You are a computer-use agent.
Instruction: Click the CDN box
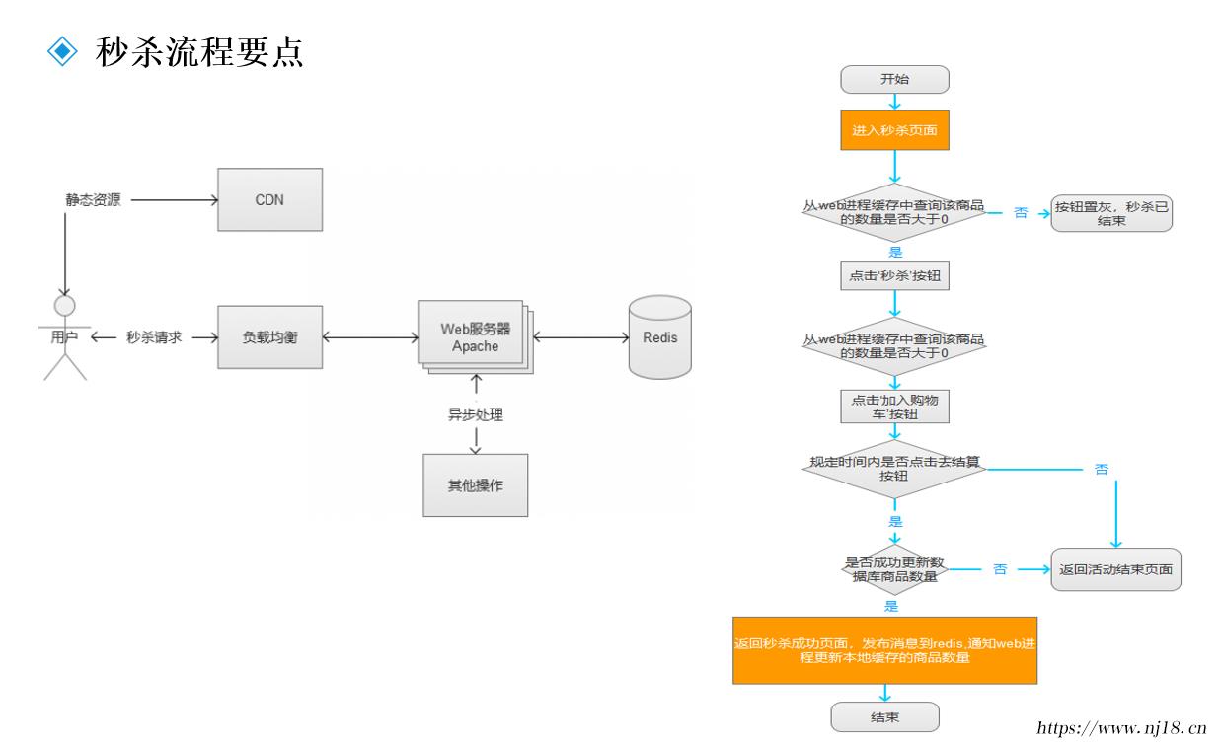[269, 199]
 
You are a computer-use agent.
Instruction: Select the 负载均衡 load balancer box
[269, 337]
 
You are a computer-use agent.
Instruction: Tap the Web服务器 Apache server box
[475, 337]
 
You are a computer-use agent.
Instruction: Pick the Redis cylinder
[660, 337]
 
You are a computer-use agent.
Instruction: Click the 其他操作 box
[476, 485]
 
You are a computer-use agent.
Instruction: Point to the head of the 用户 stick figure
[65, 306]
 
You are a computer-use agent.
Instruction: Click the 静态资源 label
[93, 200]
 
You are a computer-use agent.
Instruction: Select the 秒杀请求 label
[154, 337]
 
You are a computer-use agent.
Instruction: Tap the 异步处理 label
[476, 414]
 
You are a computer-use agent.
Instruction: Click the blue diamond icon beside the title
[62, 51]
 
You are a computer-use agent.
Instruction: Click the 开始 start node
[894, 80]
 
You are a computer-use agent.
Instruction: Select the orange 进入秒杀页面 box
[894, 129]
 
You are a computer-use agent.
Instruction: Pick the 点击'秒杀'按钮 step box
[894, 276]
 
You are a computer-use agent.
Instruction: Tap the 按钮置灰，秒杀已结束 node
[1111, 213]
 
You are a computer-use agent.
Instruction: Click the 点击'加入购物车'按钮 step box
[894, 407]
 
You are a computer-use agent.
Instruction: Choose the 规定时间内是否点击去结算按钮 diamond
[894, 469]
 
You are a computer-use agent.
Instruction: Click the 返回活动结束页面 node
[1115, 569]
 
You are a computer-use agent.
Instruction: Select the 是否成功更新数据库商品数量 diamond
[894, 569]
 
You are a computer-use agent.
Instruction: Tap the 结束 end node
[884, 717]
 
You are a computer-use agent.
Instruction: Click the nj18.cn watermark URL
[1121, 728]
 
